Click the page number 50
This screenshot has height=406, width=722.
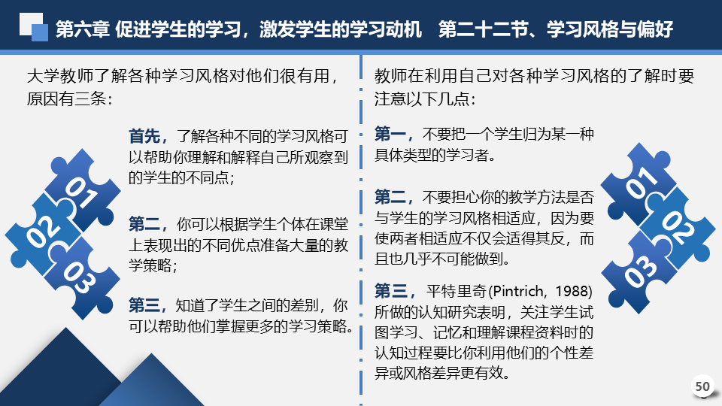click(702, 386)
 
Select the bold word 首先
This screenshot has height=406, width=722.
click(144, 136)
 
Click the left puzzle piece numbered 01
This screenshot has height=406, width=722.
click(83, 189)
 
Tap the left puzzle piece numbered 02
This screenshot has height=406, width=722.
click(41, 232)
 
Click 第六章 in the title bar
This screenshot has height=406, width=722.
click(83, 29)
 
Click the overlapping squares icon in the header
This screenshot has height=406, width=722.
click(34, 27)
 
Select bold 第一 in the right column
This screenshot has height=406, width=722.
click(390, 134)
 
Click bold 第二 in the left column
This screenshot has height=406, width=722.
click(144, 225)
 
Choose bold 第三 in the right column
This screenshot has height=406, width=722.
click(390, 292)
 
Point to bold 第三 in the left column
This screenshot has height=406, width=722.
click(144, 306)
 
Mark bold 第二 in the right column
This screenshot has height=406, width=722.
click(390, 198)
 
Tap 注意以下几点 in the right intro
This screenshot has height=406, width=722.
click(421, 99)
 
